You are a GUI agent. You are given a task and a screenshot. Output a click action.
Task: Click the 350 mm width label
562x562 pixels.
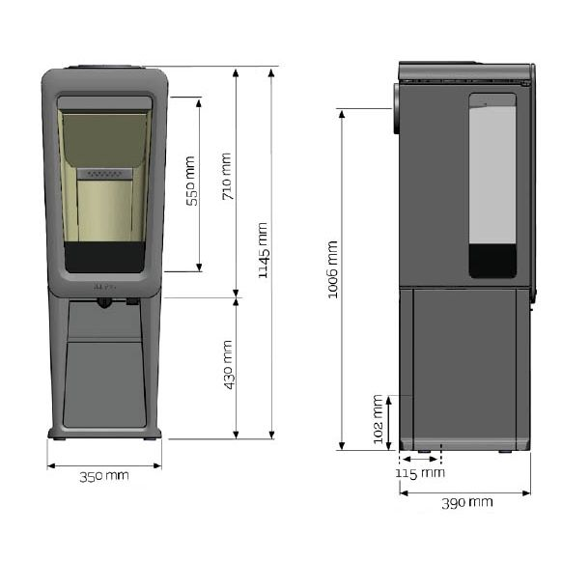[x=104, y=477]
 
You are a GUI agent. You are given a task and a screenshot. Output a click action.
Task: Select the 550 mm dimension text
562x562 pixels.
[x=192, y=181]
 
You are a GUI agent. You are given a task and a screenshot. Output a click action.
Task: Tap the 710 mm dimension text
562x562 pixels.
[x=227, y=177]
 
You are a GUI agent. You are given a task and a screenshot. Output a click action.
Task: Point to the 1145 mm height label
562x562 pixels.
[x=264, y=250]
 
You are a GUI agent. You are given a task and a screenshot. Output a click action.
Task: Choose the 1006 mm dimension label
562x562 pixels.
[x=333, y=269]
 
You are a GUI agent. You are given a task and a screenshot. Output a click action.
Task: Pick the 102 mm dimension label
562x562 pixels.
[x=379, y=419]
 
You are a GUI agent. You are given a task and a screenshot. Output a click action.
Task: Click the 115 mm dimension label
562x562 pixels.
[x=420, y=473]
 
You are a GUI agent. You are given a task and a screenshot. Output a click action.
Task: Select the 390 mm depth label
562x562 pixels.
[x=467, y=503]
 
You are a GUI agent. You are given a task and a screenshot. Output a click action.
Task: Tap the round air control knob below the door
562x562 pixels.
[x=104, y=303]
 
